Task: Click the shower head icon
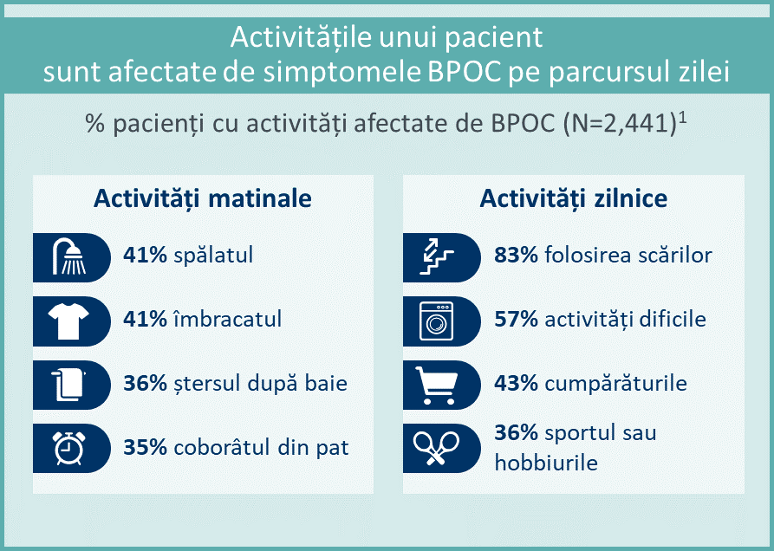68,257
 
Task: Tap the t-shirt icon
68,321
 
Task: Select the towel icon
68,385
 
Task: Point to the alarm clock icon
68,448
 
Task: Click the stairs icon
436,256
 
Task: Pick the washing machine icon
436,321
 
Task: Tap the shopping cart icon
436,386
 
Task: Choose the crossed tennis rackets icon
436,448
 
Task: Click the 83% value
516,255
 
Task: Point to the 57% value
516,319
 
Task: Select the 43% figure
516,383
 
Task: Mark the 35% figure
145,447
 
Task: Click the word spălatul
213,256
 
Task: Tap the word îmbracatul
228,319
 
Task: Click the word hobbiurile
546,463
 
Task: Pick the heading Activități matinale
203,198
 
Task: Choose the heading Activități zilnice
574,198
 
